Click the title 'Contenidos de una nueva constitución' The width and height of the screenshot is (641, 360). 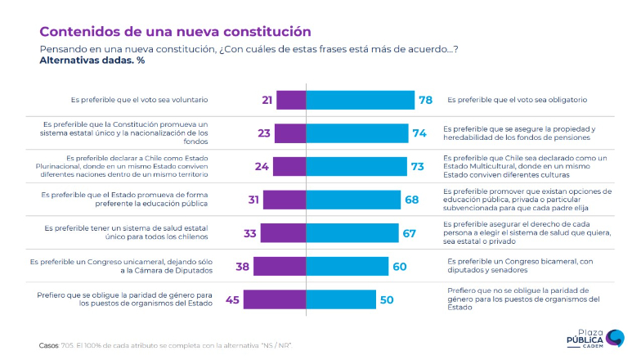pos(175,32)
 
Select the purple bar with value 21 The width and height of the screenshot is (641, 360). pos(291,100)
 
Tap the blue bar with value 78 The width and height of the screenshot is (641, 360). pos(360,100)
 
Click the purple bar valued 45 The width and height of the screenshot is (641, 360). pos(275,299)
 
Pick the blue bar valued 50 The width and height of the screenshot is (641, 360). pos(340,299)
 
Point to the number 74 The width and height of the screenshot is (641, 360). pos(420,133)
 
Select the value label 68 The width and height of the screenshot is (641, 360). pos(412,200)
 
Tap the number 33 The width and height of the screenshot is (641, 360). pos(251,233)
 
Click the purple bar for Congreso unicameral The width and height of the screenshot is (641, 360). pos(280,266)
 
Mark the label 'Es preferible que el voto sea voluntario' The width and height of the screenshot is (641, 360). pos(139,100)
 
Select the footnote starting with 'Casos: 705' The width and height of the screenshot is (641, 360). pos(164,345)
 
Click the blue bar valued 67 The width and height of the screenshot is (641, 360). pos(352,233)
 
